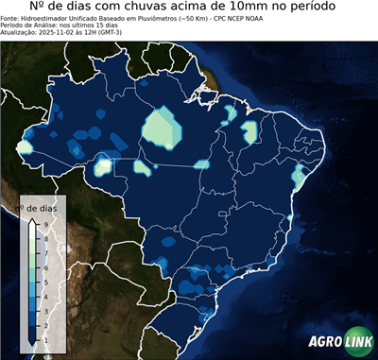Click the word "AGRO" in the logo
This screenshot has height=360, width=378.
[323, 342]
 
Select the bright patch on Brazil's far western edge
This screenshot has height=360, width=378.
[24, 148]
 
